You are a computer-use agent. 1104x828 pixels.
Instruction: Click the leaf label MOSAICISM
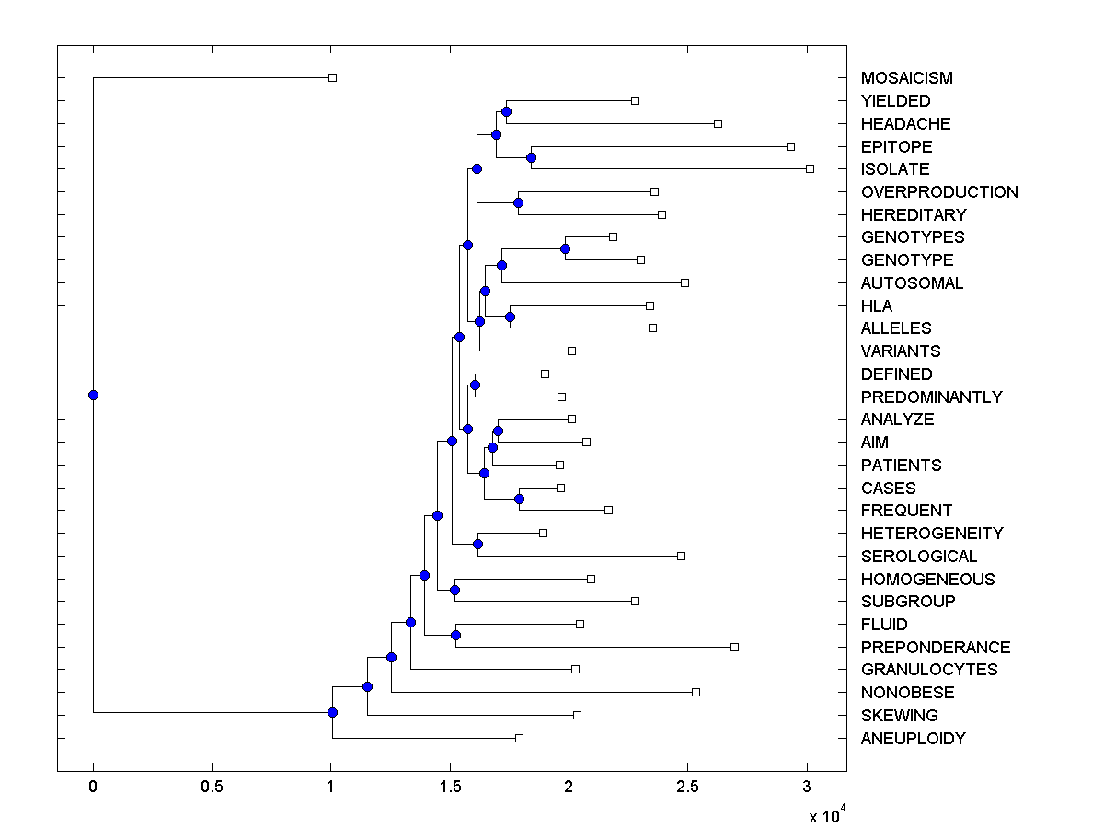click(x=906, y=78)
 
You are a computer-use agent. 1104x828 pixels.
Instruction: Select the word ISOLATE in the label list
click(x=895, y=169)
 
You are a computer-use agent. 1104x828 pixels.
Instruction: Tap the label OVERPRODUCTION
click(x=939, y=192)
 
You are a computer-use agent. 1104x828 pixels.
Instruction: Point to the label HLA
click(x=877, y=306)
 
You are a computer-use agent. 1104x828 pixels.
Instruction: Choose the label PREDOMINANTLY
click(x=931, y=397)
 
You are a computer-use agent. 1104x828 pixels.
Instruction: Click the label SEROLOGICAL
click(x=919, y=557)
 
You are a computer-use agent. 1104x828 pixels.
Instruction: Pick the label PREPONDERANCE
click(x=936, y=648)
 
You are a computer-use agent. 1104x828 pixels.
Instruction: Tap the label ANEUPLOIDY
click(x=914, y=739)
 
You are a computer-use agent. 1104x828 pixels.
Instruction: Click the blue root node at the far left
click(x=93, y=396)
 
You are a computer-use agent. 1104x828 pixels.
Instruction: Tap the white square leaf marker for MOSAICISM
click(x=333, y=78)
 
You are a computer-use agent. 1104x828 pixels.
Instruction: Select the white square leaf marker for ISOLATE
click(x=810, y=169)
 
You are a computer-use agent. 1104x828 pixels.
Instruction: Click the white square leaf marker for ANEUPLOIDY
click(x=519, y=738)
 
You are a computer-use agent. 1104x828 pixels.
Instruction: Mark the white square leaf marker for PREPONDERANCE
click(x=734, y=647)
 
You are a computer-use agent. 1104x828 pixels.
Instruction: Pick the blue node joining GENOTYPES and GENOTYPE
click(x=565, y=248)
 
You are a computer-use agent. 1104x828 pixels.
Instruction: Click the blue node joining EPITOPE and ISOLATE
click(x=531, y=157)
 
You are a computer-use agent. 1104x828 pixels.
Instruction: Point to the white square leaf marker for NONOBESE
click(x=696, y=692)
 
